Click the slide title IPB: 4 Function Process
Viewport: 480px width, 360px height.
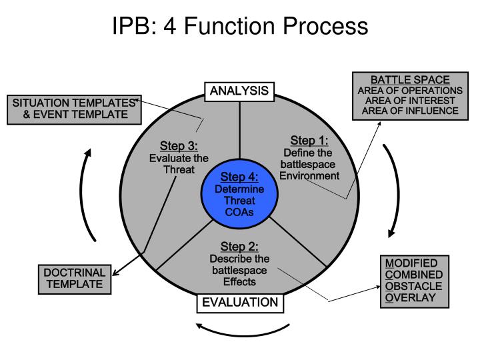tap(239, 26)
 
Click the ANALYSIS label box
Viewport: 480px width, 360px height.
tap(239, 91)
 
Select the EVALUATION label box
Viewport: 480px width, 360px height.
tap(239, 303)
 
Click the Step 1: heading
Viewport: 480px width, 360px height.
tap(309, 141)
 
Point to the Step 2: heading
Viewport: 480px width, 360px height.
tap(239, 247)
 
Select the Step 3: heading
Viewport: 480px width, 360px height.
tap(179, 147)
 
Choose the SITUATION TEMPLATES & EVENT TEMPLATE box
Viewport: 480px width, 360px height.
tap(73, 109)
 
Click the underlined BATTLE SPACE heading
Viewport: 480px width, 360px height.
tap(410, 80)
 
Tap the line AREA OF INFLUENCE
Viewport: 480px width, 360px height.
tap(410, 111)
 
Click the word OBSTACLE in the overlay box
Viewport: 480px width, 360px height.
tap(411, 286)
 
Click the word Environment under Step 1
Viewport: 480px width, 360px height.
tap(309, 175)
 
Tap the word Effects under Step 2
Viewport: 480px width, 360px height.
tap(239, 281)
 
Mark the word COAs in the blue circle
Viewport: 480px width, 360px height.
tap(239, 213)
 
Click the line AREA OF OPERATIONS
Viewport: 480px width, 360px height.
tap(410, 90)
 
